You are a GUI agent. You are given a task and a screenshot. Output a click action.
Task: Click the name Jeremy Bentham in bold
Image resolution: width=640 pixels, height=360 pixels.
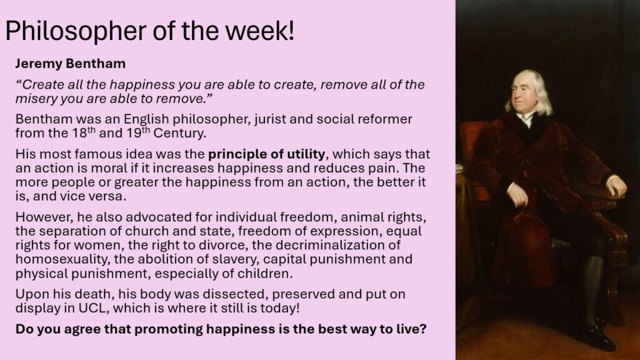(x=70, y=64)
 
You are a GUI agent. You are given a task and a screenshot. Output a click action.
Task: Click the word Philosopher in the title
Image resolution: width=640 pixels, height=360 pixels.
(x=76, y=32)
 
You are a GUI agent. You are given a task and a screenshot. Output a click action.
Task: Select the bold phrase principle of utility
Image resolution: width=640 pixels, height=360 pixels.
(x=266, y=154)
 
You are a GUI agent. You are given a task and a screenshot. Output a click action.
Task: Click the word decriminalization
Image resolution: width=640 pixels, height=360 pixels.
(x=326, y=245)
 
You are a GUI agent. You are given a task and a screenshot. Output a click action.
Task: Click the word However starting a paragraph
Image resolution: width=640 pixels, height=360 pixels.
(x=44, y=217)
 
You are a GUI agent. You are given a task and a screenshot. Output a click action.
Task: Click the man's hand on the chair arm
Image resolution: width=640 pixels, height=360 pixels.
(x=617, y=186)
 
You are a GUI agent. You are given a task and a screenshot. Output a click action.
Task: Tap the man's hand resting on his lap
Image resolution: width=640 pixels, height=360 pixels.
(x=518, y=195)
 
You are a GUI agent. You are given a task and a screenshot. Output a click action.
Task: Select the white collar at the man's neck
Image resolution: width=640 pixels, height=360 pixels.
(x=526, y=119)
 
